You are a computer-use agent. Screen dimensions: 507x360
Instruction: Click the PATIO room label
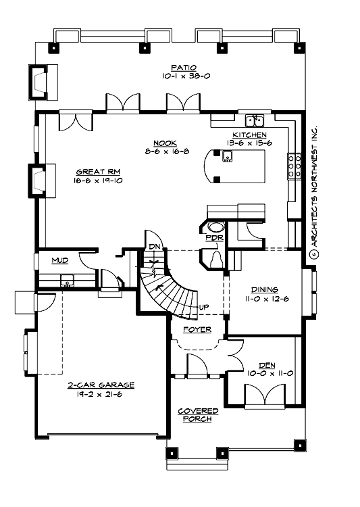(183, 67)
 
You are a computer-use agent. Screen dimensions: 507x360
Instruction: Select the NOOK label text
(164, 143)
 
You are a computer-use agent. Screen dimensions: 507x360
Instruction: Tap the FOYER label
(197, 330)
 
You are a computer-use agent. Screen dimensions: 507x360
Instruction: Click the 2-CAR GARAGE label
(100, 385)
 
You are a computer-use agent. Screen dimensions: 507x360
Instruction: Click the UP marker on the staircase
(202, 308)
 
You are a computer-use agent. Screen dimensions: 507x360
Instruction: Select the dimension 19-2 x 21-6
(100, 394)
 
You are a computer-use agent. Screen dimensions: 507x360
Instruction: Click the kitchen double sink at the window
(255, 121)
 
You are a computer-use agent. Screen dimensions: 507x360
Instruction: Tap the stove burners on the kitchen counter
(295, 166)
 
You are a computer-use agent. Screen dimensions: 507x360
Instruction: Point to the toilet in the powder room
(215, 259)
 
